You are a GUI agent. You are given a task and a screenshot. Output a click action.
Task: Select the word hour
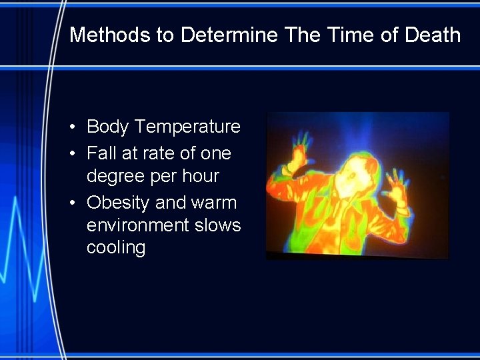point(200,176)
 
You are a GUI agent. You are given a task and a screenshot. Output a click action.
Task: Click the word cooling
point(116,248)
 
